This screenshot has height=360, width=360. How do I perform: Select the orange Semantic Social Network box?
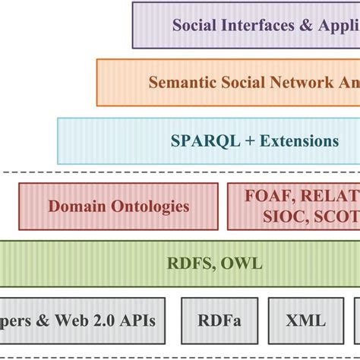coord(228,83)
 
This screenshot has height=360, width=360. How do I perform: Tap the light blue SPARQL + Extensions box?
coord(208,141)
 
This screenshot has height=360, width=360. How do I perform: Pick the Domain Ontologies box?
coord(118,206)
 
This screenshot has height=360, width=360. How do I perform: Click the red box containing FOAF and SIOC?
coord(293,206)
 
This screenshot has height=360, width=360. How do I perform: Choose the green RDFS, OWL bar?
coord(180,264)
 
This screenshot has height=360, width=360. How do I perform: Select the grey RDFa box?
coord(220,321)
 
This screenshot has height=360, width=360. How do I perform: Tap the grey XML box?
coord(307,321)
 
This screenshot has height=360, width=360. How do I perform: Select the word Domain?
coord(74,206)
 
